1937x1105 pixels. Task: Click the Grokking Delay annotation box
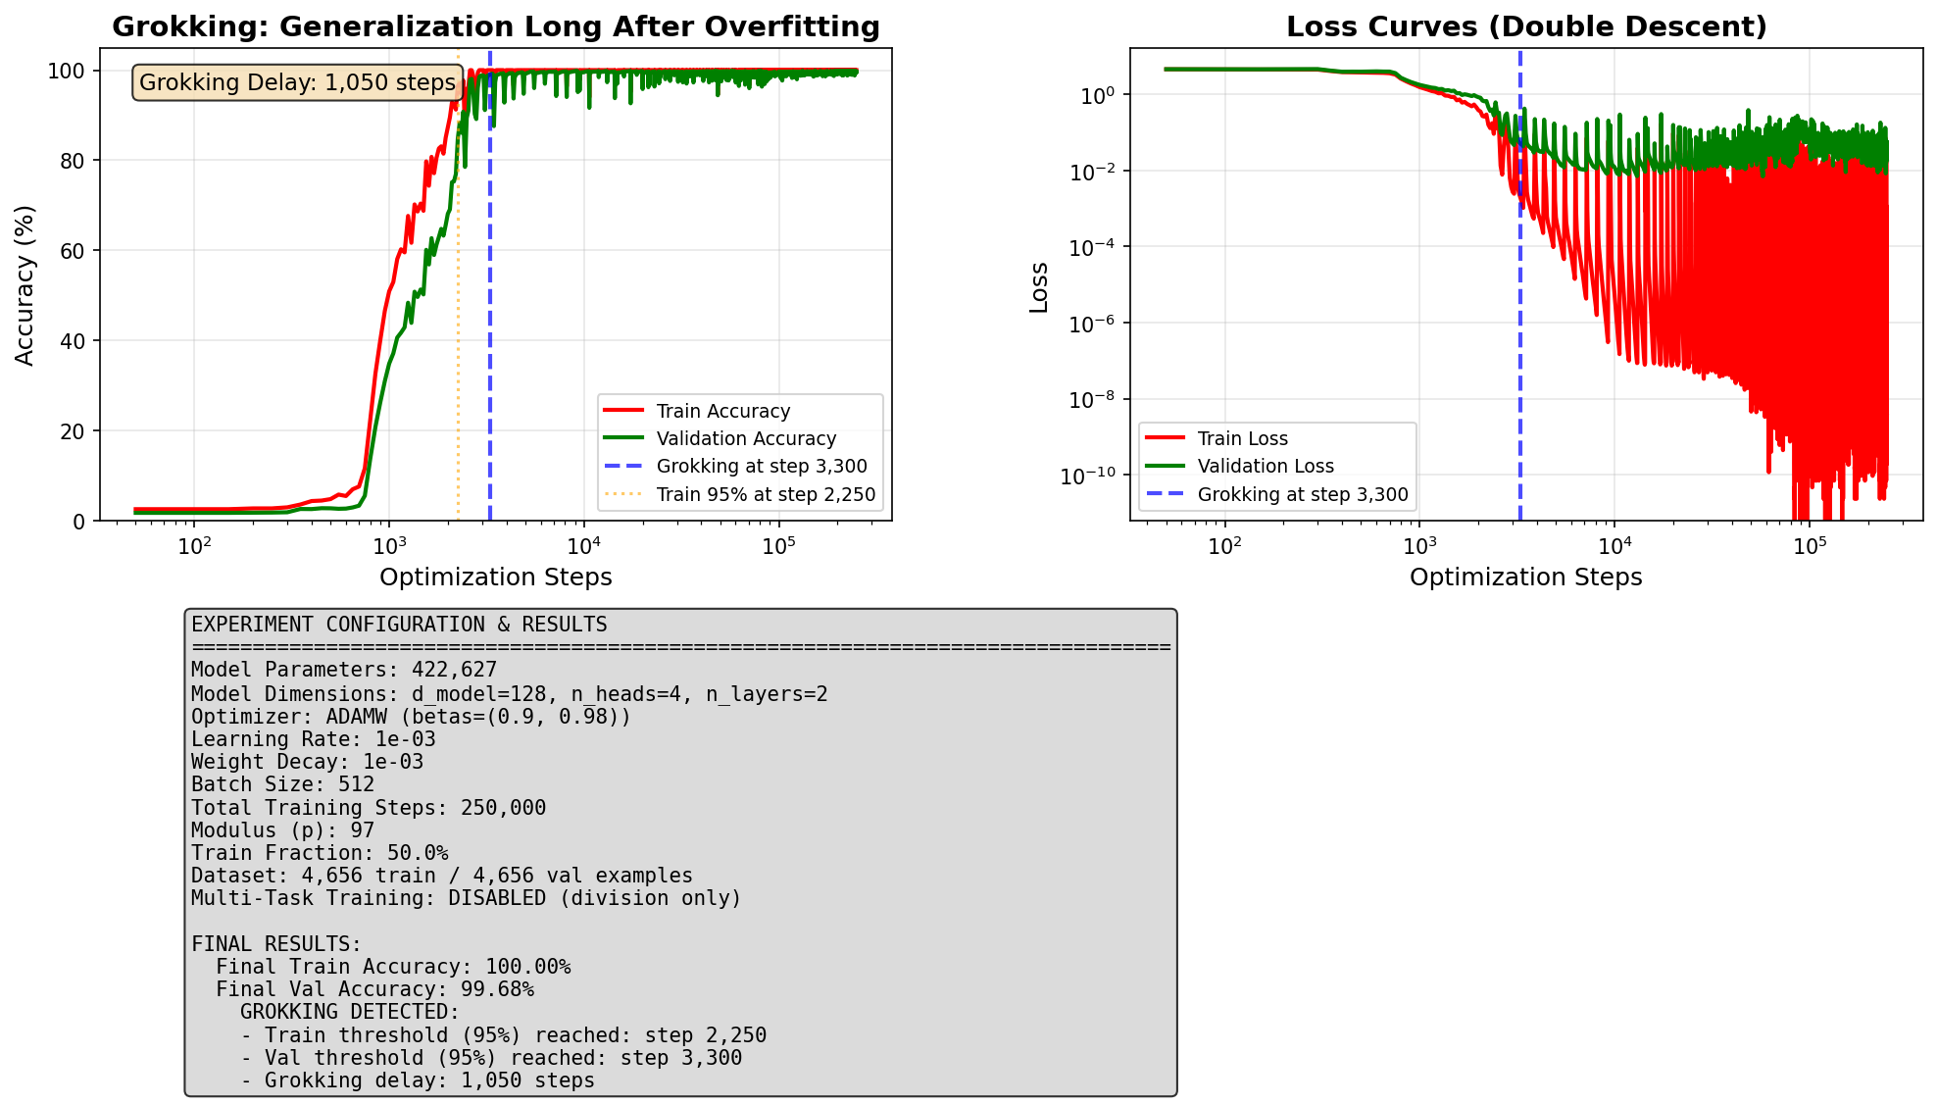point(297,82)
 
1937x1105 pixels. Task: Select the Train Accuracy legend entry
point(722,412)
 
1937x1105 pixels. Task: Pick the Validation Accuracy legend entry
point(746,439)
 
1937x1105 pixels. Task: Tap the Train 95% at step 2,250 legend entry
point(766,494)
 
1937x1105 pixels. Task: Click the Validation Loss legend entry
point(1265,467)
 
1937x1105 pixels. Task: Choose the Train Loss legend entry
point(1242,439)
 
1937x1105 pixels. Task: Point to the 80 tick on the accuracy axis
point(73,161)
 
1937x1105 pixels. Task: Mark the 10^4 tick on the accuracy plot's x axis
point(584,545)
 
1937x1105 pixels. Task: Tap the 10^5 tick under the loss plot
point(1810,545)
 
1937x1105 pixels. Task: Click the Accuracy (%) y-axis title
point(25,284)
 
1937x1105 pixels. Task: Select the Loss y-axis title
point(1039,287)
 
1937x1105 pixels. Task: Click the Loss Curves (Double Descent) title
point(1526,26)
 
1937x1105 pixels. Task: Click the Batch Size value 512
point(356,784)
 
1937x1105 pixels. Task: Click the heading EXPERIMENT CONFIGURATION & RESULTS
point(399,625)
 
